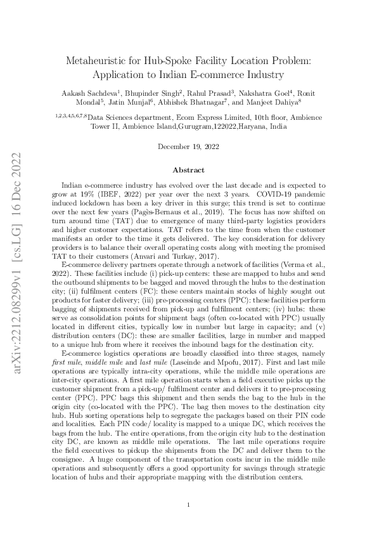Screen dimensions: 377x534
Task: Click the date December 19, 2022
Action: [x=189, y=147]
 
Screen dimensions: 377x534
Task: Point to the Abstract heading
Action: [x=189, y=170]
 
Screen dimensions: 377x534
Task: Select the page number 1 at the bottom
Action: [x=189, y=505]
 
